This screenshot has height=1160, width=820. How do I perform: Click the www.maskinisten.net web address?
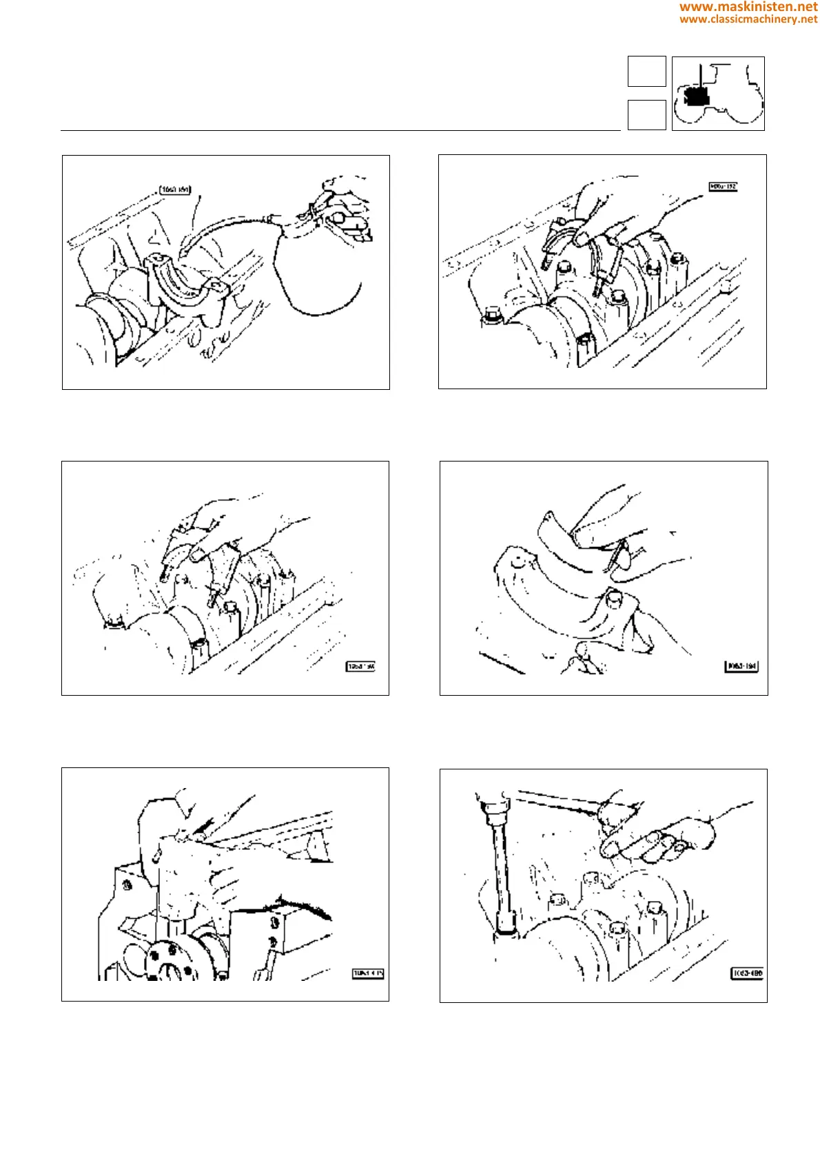(748, 7)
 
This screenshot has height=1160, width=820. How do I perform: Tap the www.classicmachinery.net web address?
(748, 19)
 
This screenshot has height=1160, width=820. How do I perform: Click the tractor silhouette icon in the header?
(718, 94)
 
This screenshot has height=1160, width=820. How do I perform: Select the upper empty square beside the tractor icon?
(646, 71)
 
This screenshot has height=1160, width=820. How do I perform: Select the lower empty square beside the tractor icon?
(646, 114)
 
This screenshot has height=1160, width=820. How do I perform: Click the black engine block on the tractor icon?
(698, 96)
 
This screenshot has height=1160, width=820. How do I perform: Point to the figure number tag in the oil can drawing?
(175, 189)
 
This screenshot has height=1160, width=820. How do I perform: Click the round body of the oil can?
(318, 269)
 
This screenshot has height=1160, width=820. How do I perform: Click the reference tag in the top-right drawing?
(723, 186)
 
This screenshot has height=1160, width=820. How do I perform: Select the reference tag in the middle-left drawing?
(360, 666)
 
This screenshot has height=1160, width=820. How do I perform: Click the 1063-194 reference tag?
(741, 666)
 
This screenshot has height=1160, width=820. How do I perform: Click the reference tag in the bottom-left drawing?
(368, 973)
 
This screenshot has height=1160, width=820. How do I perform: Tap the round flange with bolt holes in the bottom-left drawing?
(167, 961)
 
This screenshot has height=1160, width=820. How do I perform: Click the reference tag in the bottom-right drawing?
(747, 973)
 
